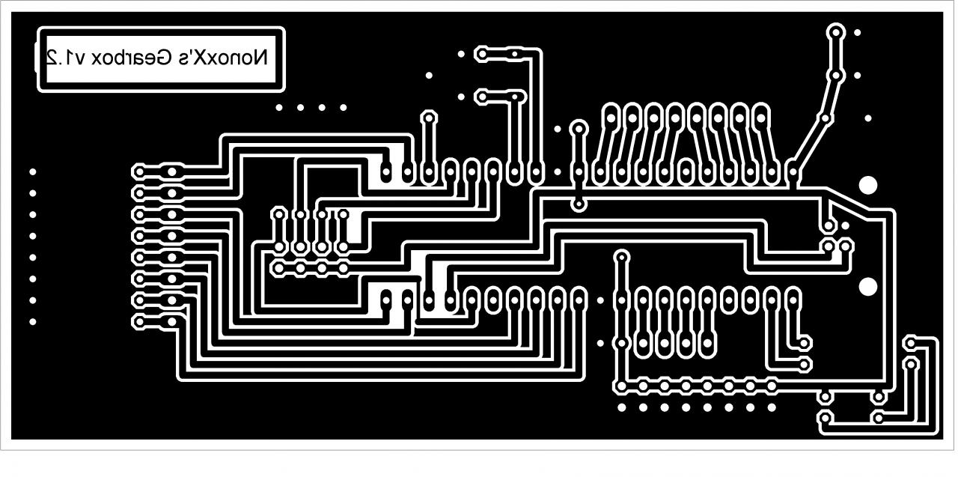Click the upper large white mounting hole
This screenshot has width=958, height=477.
868,185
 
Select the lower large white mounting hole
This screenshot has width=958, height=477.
868,286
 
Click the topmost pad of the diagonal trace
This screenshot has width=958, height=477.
835,32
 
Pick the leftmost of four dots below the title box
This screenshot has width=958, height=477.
279,107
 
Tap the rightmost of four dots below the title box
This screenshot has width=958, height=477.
344,107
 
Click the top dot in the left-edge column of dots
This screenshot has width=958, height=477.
32,171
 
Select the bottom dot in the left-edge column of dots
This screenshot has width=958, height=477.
32,322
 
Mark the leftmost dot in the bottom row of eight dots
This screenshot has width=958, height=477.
621,407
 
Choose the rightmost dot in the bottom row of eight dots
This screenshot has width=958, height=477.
772,407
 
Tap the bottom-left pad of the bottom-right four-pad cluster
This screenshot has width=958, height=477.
825,418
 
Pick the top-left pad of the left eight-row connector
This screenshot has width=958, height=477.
139,171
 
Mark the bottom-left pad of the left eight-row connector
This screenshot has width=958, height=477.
139,322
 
